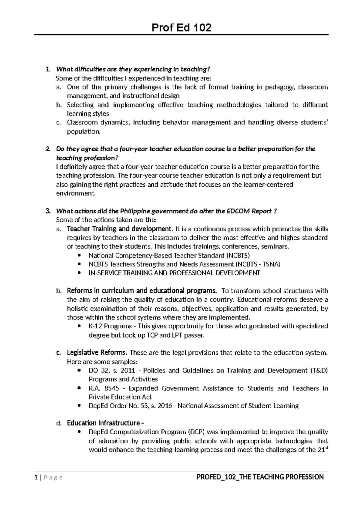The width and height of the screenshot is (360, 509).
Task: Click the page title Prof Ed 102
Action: coord(181,28)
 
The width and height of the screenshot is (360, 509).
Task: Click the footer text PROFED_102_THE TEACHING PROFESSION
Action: coord(260,477)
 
